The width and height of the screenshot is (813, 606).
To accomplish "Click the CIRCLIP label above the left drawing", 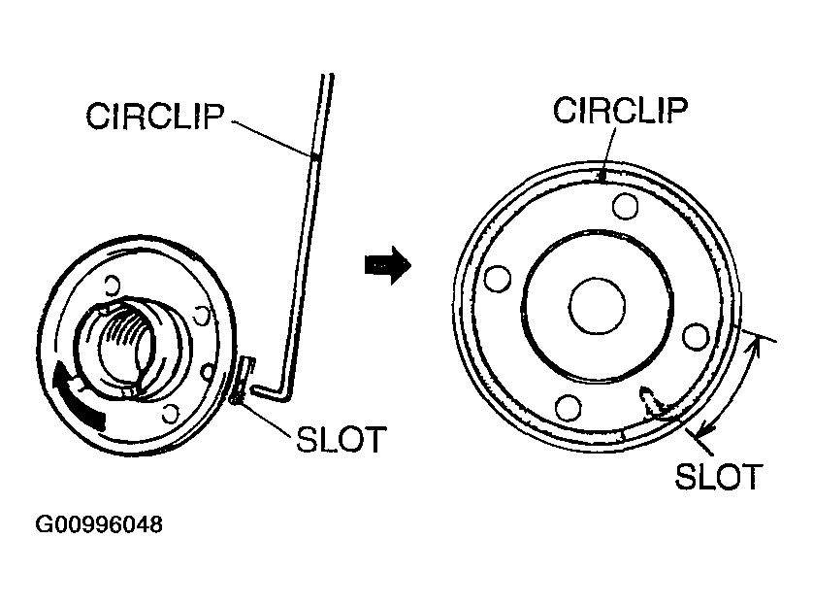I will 156,117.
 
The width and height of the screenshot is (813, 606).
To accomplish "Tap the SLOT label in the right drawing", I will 718,477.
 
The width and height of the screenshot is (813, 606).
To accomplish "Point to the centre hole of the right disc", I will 597,307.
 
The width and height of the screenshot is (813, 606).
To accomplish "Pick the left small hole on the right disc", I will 498,279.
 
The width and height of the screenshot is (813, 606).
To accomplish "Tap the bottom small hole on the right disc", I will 569,406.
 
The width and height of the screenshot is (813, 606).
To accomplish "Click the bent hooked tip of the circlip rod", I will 267,389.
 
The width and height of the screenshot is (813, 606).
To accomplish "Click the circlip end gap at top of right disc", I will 603,176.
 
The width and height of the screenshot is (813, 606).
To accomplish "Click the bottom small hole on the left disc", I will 172,415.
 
